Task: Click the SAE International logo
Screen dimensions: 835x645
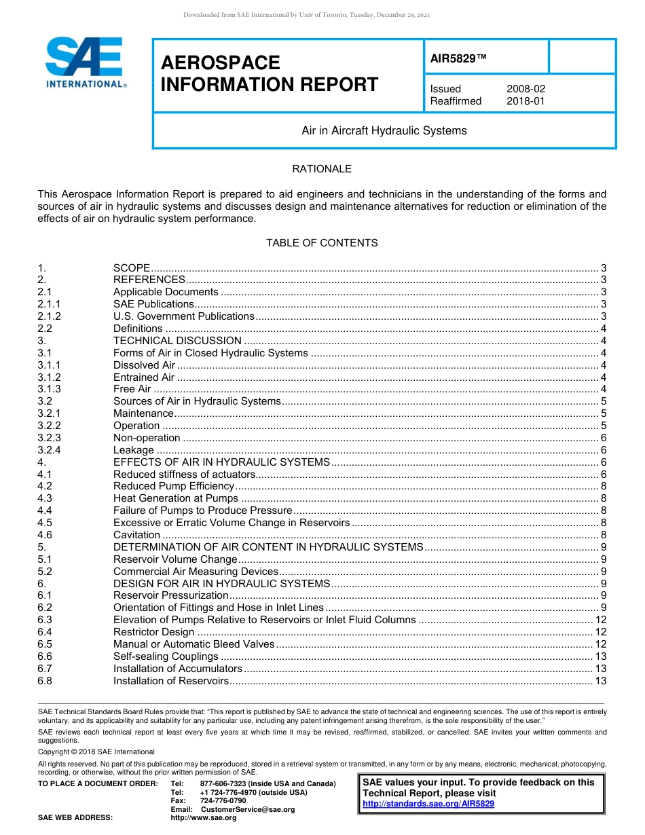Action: pos(85,62)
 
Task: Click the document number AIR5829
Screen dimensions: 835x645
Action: pos(458,58)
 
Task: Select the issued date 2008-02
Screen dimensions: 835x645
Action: pos(526,89)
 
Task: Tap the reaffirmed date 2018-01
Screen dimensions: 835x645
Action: pos(526,101)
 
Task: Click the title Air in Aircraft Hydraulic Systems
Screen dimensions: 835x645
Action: pos(384,130)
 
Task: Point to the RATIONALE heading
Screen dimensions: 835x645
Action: pos(322,168)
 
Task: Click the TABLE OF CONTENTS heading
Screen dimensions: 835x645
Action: pos(322,242)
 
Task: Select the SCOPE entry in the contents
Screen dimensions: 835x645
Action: pos(131,267)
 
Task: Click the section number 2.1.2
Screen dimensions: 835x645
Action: pos(49,316)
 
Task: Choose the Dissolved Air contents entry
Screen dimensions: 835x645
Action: pos(144,365)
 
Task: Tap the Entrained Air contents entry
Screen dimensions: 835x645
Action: pos(144,377)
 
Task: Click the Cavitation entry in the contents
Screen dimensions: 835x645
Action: pos(136,535)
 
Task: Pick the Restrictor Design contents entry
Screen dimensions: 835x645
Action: pos(153,632)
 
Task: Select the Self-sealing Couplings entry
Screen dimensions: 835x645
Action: pos(166,656)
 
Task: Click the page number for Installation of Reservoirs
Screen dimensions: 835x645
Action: pos(600,681)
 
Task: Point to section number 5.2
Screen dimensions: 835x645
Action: pos(45,572)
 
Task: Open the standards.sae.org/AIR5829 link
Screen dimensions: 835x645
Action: pos(428,804)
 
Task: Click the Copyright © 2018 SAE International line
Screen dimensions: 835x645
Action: pos(96,751)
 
